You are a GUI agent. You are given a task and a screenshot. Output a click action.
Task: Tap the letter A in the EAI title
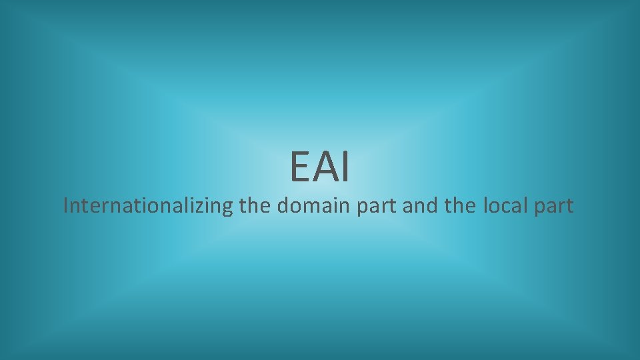[324, 167]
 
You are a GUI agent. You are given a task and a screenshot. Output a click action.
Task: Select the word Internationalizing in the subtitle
[147, 206]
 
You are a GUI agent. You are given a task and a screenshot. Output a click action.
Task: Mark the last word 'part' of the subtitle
[552, 207]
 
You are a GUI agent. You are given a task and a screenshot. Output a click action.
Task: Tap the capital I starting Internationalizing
[65, 205]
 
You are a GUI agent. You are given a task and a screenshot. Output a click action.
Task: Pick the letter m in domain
[311, 207]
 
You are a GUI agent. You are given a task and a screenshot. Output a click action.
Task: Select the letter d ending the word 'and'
[433, 205]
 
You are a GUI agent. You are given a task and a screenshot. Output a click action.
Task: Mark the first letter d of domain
[283, 205]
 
